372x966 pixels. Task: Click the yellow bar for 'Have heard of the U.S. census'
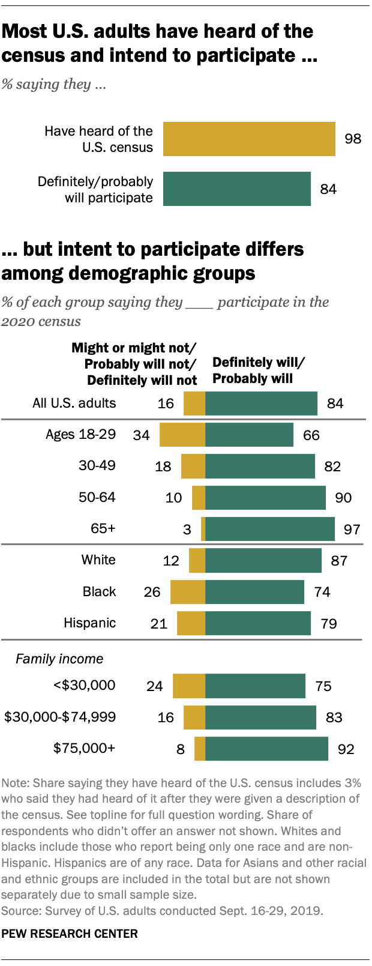249,139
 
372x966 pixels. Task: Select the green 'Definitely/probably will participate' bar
237,189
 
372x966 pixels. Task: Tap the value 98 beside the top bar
353,139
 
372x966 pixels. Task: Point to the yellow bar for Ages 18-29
182,435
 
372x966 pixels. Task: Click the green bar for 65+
270,529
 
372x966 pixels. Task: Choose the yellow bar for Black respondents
188,592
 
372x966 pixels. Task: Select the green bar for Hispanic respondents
258,623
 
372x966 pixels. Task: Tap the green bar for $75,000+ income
266,749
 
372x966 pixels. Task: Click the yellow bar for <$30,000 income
189,686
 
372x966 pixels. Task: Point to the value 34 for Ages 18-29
142,435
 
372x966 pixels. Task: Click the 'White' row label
98,560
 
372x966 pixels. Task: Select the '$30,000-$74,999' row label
60,717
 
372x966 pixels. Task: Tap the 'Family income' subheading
59,659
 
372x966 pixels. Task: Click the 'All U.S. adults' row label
74,403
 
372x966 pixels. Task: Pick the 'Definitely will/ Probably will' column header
259,370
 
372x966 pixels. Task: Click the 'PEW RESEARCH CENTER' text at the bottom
70,934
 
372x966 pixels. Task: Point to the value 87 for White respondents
339,561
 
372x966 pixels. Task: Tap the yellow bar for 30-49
193,466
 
